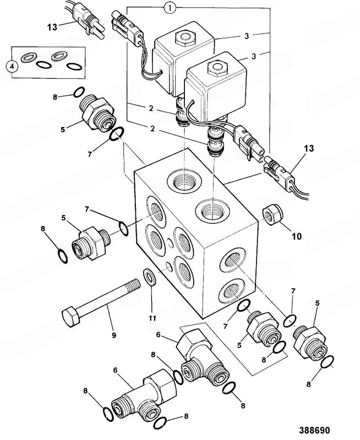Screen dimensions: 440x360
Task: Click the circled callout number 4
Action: [x=10, y=65]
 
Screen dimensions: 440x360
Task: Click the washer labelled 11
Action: [x=149, y=278]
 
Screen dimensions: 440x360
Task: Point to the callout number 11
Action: [x=152, y=317]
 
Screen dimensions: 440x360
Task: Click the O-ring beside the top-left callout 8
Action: [x=78, y=91]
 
